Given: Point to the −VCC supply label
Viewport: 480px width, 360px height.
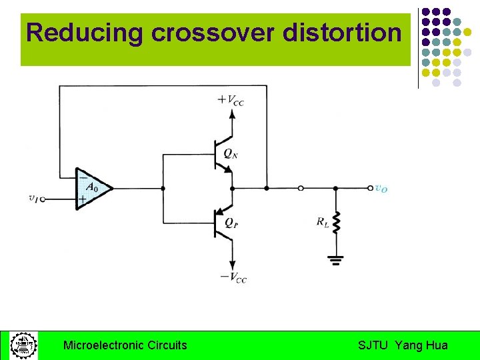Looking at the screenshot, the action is point(233,277).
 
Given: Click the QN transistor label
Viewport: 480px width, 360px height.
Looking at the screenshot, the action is point(231,153).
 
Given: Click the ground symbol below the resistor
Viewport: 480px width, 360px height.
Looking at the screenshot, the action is point(336,259).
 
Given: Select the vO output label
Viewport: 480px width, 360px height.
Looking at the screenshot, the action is point(381,189).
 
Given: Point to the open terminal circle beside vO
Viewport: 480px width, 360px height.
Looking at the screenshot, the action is point(371,188).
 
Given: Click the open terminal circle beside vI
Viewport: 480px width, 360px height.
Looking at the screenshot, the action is point(43,199).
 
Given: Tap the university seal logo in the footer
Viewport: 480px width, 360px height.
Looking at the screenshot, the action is point(23,345).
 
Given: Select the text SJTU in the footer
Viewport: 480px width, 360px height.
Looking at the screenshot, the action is point(373,345).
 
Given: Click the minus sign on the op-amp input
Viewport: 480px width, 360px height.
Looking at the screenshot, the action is point(82,177).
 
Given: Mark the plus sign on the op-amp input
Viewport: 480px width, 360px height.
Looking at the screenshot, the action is point(82,199).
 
